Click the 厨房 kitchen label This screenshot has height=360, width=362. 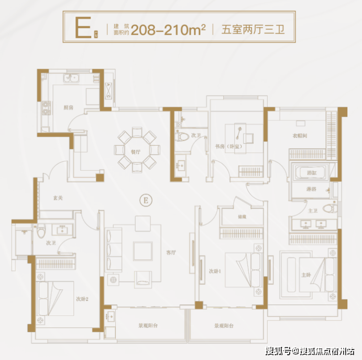68,108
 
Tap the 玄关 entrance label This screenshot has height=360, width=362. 58,198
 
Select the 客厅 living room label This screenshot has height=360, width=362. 171,252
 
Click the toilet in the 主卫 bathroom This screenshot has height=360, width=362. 328,209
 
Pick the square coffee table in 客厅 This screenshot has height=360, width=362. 142,251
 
